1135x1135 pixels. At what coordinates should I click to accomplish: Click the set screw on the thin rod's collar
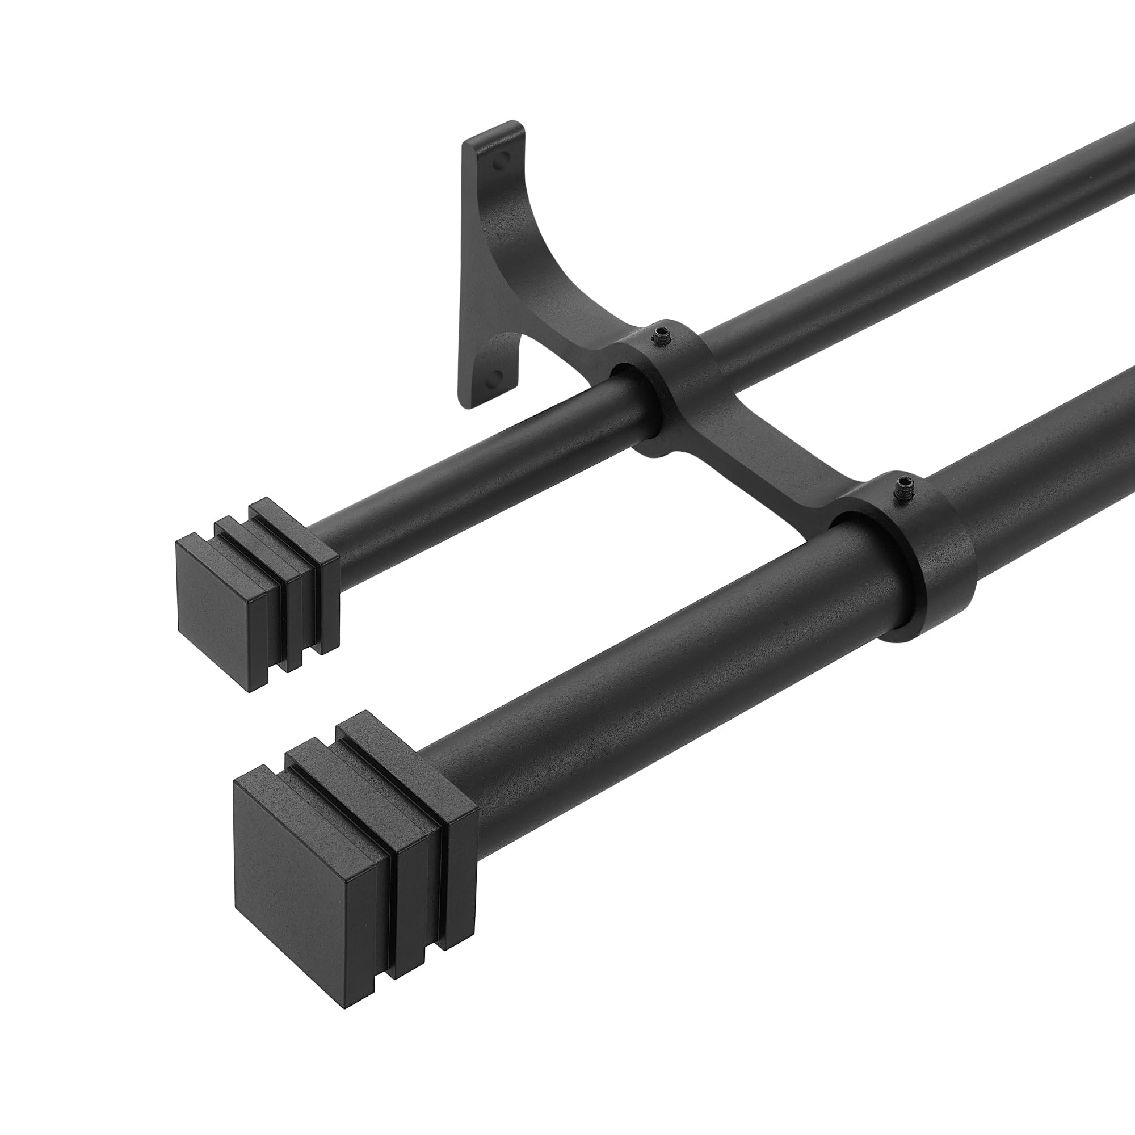tap(663, 335)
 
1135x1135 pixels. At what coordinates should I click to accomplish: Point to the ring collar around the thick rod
tap(934, 564)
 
